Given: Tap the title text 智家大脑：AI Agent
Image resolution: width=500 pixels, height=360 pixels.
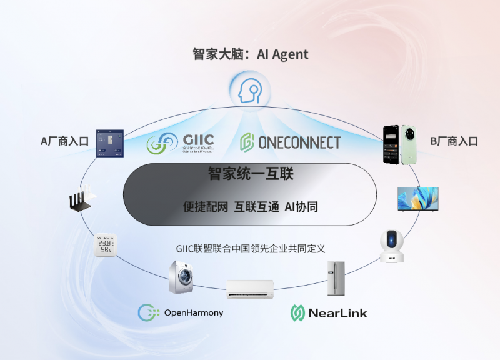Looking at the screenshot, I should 250,54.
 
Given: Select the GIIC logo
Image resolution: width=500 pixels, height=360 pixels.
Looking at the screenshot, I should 181,143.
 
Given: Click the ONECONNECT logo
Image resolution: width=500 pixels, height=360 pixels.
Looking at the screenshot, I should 290,142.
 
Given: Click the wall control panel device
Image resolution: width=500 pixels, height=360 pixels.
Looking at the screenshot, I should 109,143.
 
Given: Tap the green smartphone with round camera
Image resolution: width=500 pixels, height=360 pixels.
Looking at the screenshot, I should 407,144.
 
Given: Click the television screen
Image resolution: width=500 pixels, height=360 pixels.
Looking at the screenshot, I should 418,199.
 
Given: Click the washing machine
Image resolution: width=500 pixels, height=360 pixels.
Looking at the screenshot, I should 181,277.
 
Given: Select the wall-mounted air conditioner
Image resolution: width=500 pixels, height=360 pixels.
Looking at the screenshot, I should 250,288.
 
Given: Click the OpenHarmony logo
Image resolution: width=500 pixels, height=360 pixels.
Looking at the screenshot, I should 181,312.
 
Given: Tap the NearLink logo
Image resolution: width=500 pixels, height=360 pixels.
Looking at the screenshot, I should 329,312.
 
